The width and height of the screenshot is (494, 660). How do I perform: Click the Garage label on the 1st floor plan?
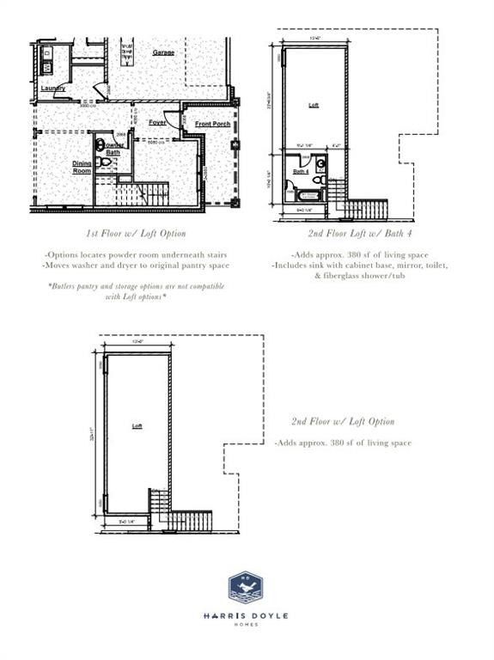pos(163,52)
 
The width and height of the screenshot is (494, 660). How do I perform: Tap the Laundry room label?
pos(52,88)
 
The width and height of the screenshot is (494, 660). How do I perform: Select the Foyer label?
pos(157,122)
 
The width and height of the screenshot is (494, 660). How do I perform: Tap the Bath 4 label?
pos(301,172)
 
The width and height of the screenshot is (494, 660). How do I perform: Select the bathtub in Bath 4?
pos(307,196)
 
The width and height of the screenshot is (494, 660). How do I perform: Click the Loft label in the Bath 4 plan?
pos(314,105)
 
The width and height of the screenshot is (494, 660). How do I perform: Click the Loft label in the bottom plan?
pos(137,425)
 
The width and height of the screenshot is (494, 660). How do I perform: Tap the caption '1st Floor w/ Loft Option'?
pos(137,233)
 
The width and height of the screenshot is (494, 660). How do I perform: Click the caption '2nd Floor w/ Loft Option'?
pos(342,421)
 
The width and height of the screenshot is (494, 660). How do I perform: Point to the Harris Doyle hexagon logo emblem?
pos(246,588)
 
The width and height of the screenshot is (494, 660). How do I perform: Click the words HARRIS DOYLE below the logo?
pos(246,614)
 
